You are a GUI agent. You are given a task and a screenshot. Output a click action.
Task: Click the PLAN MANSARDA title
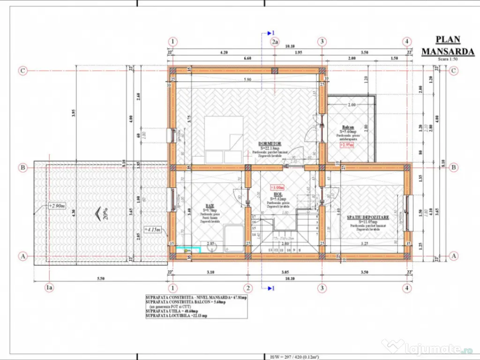[441, 45]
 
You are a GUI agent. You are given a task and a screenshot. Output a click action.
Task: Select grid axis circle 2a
[275, 42]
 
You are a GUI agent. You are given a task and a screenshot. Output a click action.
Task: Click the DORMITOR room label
[269, 144]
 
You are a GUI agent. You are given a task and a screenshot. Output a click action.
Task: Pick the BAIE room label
[209, 206]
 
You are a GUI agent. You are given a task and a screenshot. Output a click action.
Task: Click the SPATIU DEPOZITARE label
[367, 217]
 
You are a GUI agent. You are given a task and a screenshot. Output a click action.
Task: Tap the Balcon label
[347, 127]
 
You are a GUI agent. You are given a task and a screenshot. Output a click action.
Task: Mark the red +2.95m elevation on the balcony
[347, 145]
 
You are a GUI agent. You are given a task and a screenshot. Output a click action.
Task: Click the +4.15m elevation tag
[152, 230]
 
